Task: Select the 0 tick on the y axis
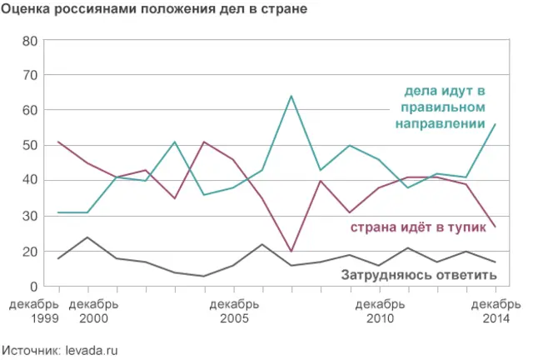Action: pyautogui.click(x=34, y=287)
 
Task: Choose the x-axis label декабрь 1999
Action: pyautogui.click(x=34, y=312)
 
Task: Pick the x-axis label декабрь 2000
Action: pyautogui.click(x=92, y=312)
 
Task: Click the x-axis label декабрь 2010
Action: pyautogui.click(x=380, y=312)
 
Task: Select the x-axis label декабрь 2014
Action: pyautogui.click(x=496, y=312)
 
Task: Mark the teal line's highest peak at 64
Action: pyautogui.click(x=291, y=96)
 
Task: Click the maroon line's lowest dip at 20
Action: pyautogui.click(x=291, y=251)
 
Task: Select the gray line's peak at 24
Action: pyautogui.click(x=87, y=237)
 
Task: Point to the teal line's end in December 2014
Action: pyautogui.click(x=496, y=124)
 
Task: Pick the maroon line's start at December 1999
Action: pyautogui.click(x=57, y=142)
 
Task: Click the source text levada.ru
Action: pyautogui.click(x=91, y=350)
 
